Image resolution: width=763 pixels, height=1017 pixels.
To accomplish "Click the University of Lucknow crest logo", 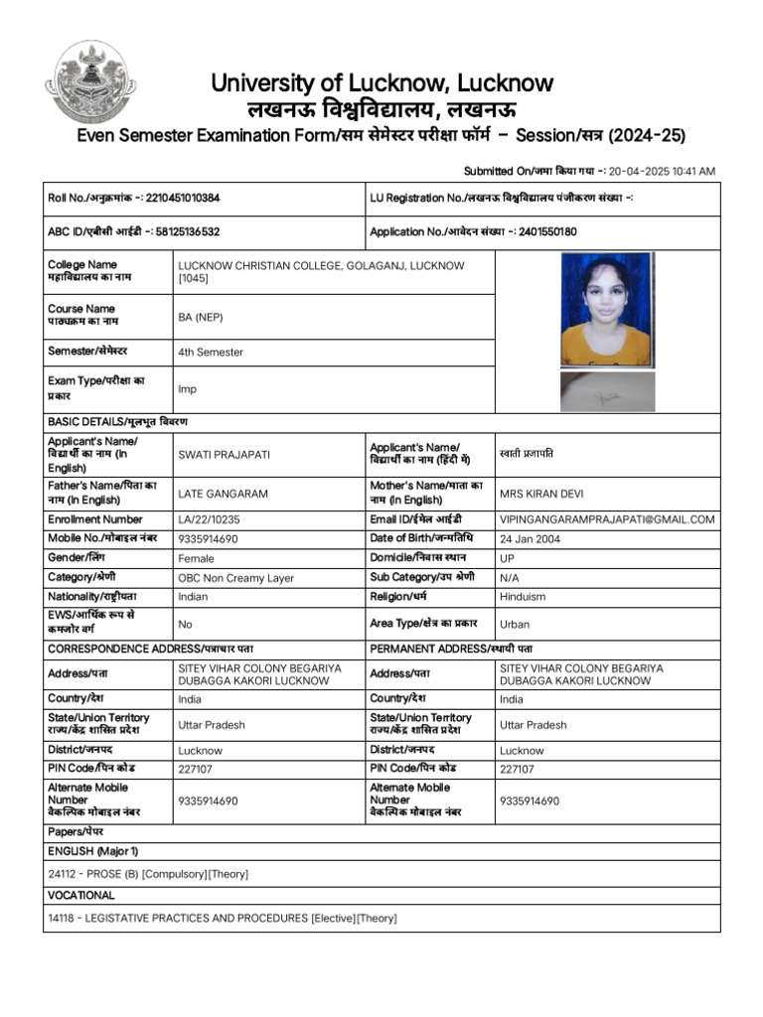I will (x=92, y=81).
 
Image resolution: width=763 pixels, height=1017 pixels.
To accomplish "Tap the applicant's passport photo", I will (x=606, y=309).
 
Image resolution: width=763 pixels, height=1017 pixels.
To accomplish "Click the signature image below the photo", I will (x=606, y=391).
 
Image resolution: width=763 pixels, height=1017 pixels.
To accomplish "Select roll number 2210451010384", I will (x=183, y=198).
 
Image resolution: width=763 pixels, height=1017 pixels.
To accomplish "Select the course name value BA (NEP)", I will (x=200, y=317).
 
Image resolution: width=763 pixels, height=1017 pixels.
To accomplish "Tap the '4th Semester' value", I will (x=210, y=353).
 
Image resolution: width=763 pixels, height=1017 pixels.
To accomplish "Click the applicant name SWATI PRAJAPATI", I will (x=223, y=455).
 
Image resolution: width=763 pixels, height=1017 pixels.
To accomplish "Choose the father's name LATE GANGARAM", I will (x=223, y=494).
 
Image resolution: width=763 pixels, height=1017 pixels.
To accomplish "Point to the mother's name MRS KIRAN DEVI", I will (x=546, y=494).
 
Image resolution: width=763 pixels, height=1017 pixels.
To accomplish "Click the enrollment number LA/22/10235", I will (x=209, y=519).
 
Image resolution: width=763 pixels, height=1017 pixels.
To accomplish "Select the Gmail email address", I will (x=607, y=519).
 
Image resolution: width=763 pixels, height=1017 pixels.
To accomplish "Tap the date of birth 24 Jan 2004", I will (x=534, y=538).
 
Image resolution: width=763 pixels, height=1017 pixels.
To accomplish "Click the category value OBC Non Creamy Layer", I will (x=235, y=578).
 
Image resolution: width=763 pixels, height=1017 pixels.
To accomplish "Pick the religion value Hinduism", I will (x=523, y=597).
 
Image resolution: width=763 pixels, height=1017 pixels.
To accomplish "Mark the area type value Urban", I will (x=515, y=625).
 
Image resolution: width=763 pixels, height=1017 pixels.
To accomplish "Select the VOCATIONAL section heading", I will (x=80, y=896).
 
